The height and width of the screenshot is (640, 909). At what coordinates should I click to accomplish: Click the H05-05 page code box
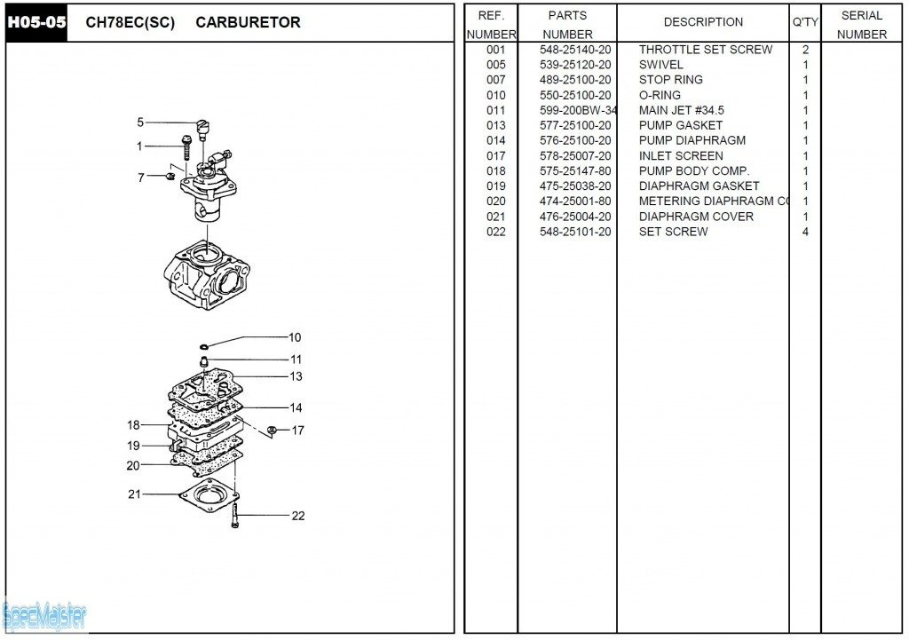coord(37,22)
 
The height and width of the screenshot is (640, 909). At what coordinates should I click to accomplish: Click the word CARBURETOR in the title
coord(248,22)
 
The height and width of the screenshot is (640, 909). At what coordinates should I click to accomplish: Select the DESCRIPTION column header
coord(703,22)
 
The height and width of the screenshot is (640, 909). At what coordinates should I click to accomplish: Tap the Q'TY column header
coord(804,22)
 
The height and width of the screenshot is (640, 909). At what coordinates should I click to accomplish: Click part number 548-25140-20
coord(575,50)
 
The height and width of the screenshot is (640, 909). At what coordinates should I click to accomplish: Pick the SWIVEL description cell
coord(660,65)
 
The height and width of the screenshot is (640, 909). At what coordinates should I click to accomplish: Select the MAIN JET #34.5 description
coord(681,110)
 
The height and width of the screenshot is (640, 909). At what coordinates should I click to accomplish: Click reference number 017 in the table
coord(495,155)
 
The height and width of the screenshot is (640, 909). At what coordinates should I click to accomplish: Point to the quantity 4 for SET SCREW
coord(805,232)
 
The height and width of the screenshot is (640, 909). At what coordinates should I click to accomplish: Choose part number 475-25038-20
coord(575,186)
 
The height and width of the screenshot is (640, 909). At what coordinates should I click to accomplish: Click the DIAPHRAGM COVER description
coord(696,217)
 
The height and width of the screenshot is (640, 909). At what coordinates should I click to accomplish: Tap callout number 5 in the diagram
coord(140,122)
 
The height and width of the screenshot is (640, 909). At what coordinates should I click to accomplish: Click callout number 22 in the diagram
coord(298,516)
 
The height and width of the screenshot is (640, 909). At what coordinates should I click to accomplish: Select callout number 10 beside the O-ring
coord(295,337)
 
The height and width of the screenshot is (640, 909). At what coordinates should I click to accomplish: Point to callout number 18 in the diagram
coord(133,425)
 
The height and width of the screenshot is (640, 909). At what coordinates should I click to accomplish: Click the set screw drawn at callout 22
coord(235,516)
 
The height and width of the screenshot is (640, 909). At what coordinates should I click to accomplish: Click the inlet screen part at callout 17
coord(273,431)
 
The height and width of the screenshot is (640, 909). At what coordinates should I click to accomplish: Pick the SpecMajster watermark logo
coord(44,614)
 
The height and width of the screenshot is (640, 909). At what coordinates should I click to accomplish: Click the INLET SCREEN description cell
coord(681,155)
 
